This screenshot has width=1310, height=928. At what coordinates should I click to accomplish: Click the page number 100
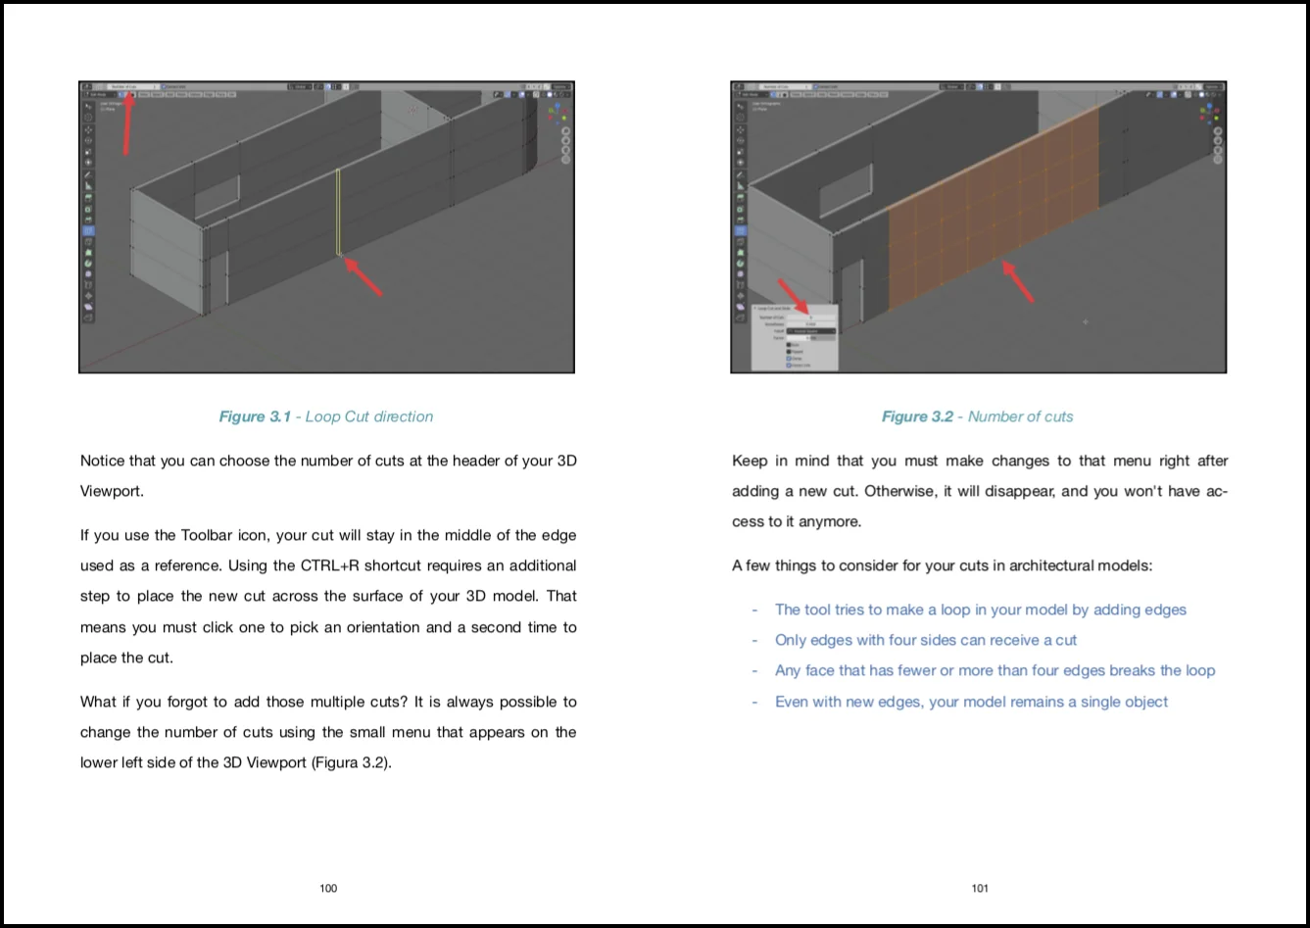click(x=328, y=888)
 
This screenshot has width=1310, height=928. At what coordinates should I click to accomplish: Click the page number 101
click(x=980, y=888)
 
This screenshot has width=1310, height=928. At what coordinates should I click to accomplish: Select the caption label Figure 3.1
click(x=255, y=416)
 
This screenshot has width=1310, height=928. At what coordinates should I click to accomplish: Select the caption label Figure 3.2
click(x=917, y=416)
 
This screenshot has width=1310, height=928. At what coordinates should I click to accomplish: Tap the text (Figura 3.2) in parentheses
click(x=351, y=762)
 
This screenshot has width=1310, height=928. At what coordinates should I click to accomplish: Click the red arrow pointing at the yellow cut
click(x=364, y=275)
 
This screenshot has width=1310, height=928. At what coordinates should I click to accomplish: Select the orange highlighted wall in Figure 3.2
click(x=990, y=206)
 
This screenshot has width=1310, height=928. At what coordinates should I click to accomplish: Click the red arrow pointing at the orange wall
click(x=1016, y=280)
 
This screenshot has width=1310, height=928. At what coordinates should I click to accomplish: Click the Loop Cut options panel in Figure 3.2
click(x=795, y=338)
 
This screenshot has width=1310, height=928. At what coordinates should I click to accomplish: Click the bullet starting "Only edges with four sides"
click(x=925, y=640)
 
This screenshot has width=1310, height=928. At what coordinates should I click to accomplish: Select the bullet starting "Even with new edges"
click(x=971, y=702)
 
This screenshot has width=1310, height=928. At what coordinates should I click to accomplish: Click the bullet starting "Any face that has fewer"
click(x=995, y=670)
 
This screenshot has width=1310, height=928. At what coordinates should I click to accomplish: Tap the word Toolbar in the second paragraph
click(x=207, y=535)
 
